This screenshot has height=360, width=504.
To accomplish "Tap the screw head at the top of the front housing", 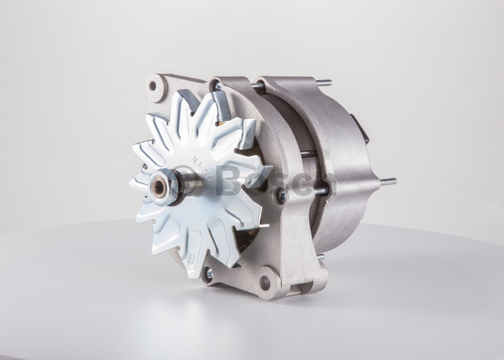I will [217, 87].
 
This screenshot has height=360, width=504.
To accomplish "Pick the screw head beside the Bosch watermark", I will [281, 196].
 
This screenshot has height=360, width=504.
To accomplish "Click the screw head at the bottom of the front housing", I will [208, 274].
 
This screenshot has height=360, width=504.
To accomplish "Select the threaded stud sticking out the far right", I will [388, 181].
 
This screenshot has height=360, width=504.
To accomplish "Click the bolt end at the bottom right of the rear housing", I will [320, 257].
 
